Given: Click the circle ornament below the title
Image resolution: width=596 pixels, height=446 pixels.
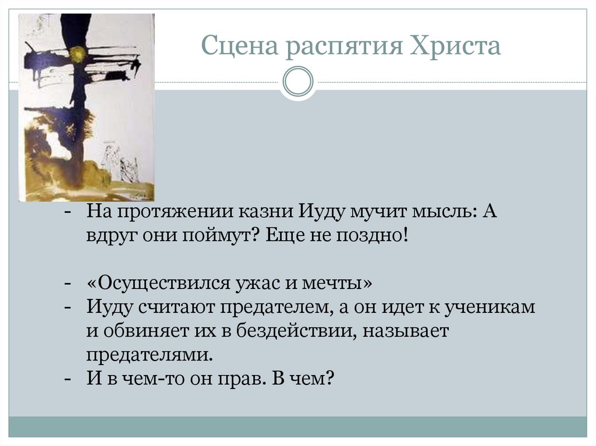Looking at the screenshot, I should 298,82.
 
